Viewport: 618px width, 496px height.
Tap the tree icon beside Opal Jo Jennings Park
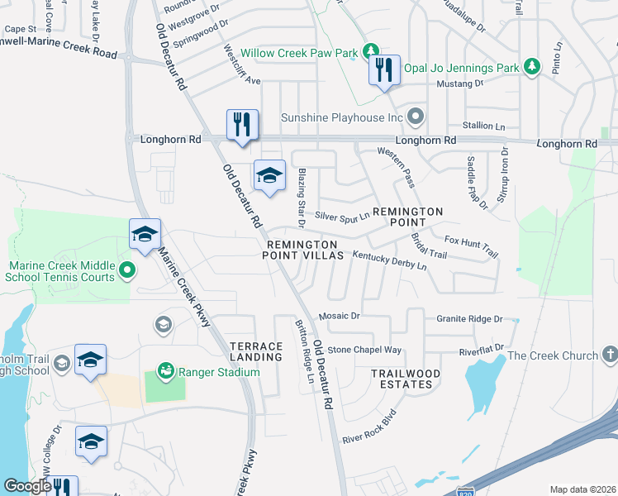pyautogui.click(x=533, y=67)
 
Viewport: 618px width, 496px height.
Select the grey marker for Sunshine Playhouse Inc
pyautogui.click(x=416, y=117)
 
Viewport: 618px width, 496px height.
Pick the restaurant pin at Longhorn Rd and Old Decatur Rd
pyautogui.click(x=242, y=125)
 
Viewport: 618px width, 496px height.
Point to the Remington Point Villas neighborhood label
pyautogui.click(x=302, y=250)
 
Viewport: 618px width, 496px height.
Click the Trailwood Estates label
pyautogui.click(x=402, y=379)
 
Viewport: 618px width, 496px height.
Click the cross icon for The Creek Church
pyautogui.click(x=610, y=355)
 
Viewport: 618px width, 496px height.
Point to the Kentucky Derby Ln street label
pyautogui.click(x=389, y=261)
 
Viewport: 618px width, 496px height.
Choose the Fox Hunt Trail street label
pyautogui.click(x=472, y=245)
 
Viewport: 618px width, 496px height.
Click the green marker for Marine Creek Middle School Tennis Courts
pyautogui.click(x=126, y=270)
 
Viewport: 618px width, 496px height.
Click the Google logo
pyautogui.click(x=27, y=486)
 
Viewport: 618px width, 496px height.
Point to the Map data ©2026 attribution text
pyautogui.click(x=582, y=489)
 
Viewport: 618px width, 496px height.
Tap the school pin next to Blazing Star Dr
pyautogui.click(x=269, y=175)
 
